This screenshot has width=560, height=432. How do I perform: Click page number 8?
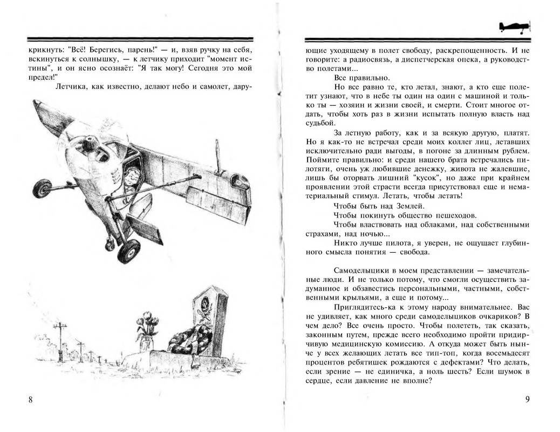coord(30,400)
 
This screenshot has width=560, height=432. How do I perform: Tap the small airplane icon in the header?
coord(514,26)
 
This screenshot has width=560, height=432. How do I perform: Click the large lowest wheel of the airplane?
coord(128,251)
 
